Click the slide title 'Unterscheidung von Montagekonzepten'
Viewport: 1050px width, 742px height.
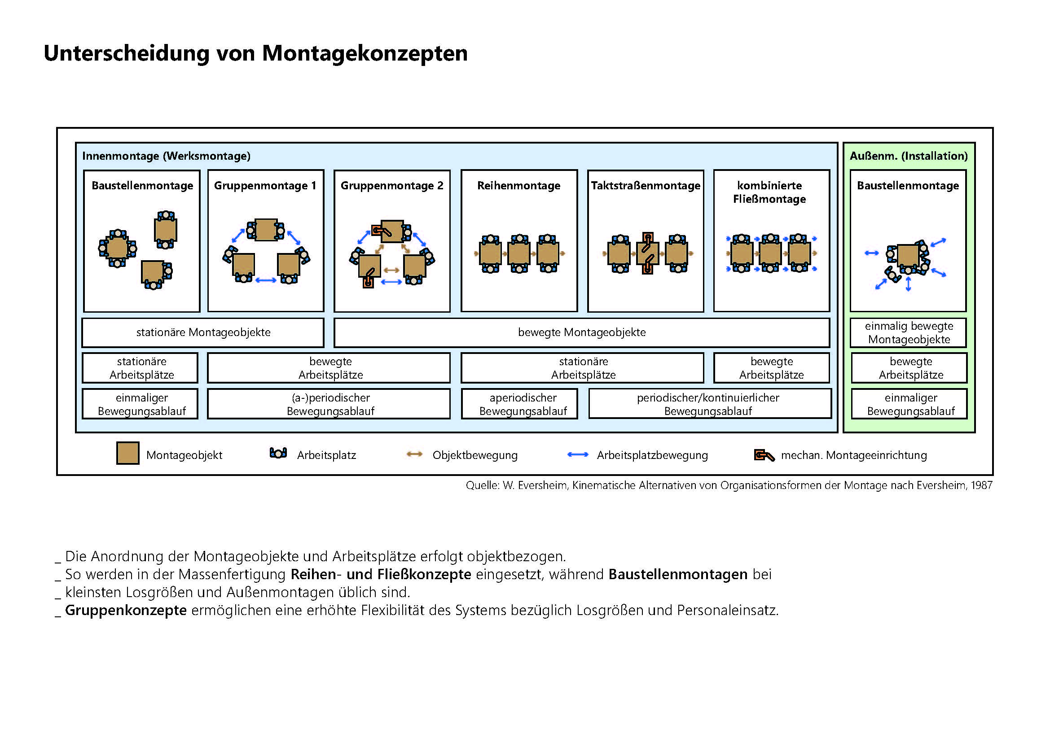(255, 53)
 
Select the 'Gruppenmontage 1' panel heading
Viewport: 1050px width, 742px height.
(265, 186)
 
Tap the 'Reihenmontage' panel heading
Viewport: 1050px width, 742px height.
(518, 186)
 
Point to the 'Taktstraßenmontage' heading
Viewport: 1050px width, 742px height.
(645, 186)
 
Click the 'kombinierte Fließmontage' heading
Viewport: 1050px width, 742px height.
(769, 192)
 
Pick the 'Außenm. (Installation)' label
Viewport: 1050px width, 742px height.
(908, 156)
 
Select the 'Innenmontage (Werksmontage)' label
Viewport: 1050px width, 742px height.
(167, 156)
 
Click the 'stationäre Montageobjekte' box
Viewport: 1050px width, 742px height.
(203, 332)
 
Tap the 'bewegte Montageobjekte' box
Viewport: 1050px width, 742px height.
(582, 332)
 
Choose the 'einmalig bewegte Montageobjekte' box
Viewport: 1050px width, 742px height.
(909, 332)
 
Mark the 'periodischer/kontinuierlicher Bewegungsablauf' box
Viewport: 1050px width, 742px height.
(708, 404)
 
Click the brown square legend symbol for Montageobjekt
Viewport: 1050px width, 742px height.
(127, 453)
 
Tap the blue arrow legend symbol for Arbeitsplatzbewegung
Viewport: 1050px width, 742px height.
(578, 454)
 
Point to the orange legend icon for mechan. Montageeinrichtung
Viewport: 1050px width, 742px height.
(764, 455)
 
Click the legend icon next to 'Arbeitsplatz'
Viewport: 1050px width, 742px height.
(278, 453)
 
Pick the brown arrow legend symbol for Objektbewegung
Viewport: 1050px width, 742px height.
(415, 454)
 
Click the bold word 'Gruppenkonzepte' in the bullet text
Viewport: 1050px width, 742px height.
(126, 610)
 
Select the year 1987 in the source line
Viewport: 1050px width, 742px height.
(982, 485)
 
